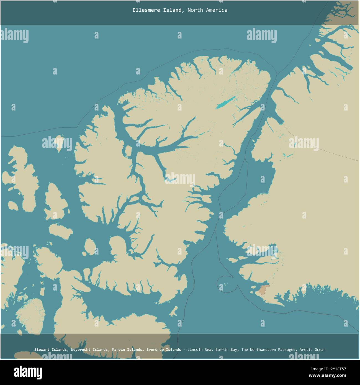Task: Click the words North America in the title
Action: click(207, 10)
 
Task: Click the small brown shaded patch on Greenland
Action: click(263, 290)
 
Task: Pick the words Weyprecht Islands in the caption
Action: click(89, 350)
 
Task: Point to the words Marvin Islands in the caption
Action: click(127, 350)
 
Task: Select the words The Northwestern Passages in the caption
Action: click(268, 350)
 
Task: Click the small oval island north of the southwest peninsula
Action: click(89, 246)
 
